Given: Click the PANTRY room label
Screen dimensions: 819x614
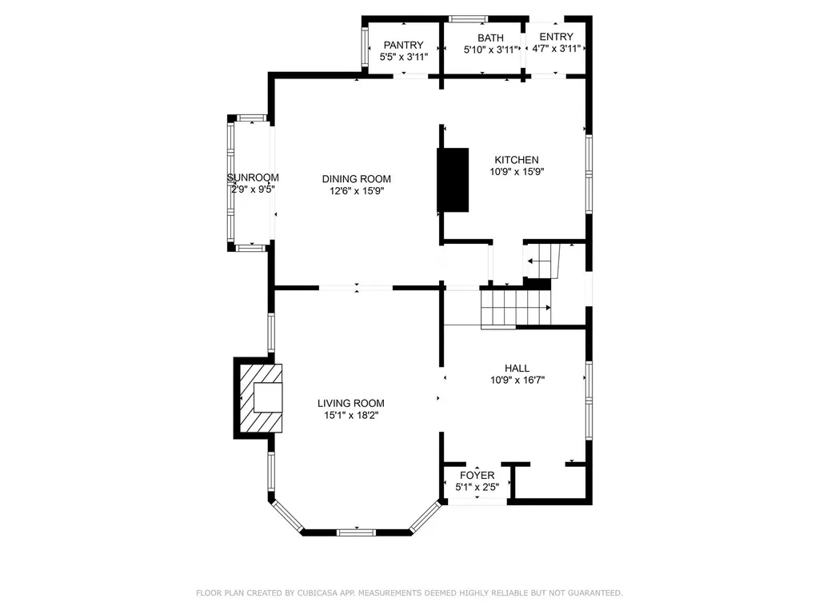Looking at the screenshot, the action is point(403,45).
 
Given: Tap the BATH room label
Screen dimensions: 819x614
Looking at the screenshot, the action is point(490,38).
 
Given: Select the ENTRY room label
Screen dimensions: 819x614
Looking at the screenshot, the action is point(557,37).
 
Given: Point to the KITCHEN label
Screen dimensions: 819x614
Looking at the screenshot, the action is point(517,160).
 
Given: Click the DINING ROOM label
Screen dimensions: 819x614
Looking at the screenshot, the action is point(356,179).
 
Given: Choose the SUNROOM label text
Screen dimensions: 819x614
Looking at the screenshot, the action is point(253,177).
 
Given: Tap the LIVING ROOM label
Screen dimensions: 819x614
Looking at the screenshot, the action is point(351,403).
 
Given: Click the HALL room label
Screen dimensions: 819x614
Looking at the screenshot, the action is point(517,368).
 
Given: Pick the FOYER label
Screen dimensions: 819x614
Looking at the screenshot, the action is point(477,475).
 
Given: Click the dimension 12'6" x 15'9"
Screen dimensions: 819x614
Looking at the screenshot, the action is point(357,191).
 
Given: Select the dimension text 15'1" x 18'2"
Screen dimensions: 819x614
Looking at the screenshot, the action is point(351,416).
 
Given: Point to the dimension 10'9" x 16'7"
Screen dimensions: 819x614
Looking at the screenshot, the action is point(517,380).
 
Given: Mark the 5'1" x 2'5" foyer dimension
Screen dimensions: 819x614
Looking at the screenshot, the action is point(477,487).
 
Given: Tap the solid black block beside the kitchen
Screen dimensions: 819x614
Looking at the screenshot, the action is point(453,180).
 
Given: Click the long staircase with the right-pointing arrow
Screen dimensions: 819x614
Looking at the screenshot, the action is point(516,308).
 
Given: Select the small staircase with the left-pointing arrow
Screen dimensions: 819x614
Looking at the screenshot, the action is point(541,261).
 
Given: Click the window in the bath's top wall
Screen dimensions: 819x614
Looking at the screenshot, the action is point(469,19).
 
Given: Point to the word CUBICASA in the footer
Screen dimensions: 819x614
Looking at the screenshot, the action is point(318,592).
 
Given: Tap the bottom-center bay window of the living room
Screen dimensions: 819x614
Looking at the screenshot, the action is point(356,532).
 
